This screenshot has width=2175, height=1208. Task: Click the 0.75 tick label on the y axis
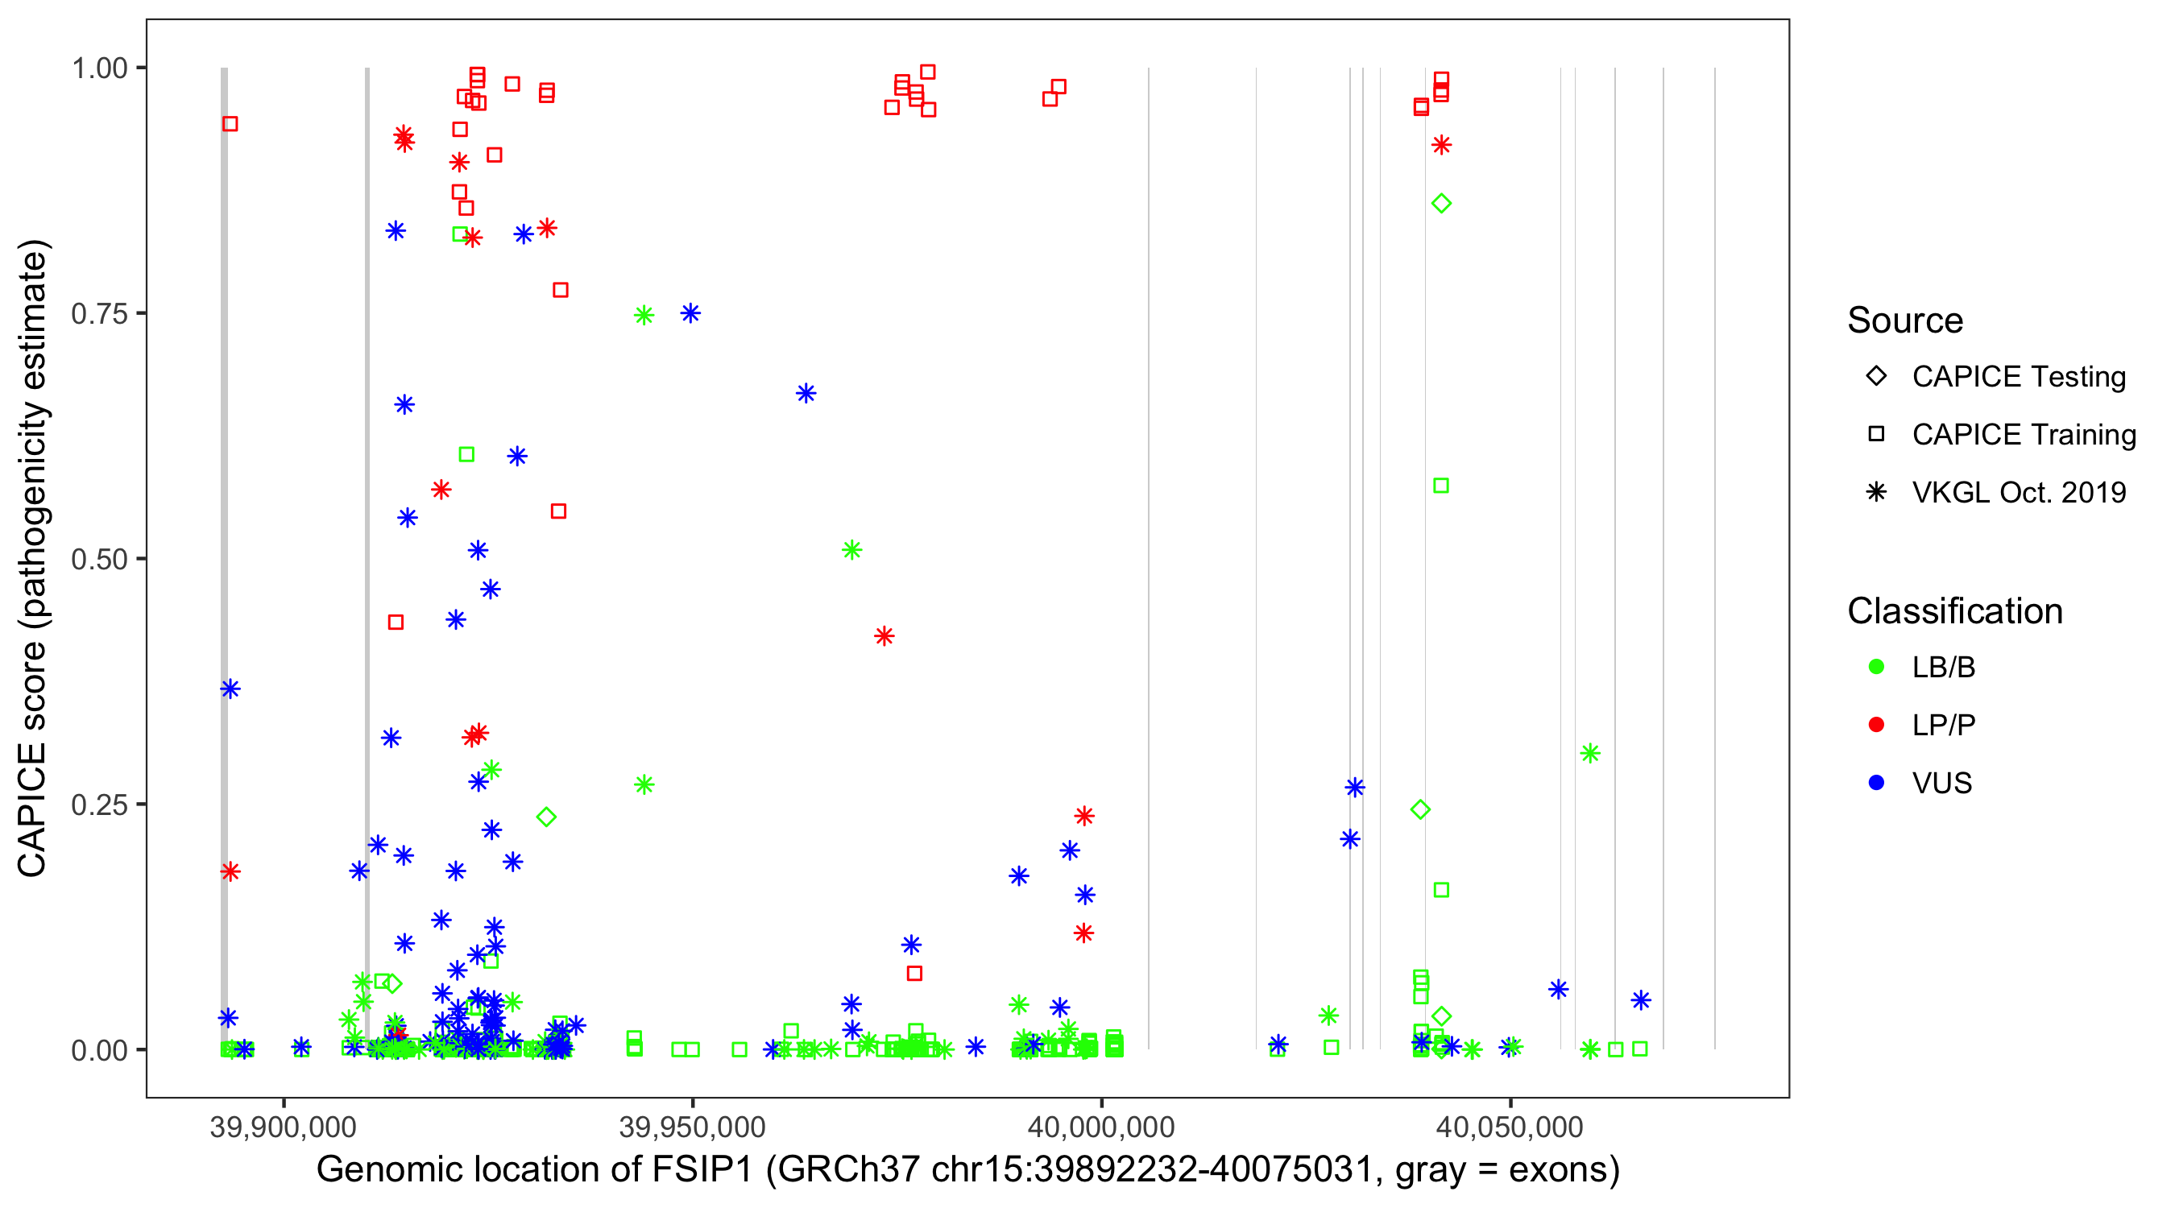(x=99, y=314)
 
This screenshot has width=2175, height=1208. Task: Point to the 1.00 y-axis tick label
(x=99, y=68)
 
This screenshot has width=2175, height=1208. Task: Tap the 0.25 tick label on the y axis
(x=99, y=805)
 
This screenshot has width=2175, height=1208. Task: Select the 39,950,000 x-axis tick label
(x=692, y=1127)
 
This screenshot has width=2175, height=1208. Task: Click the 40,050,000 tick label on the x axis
(x=1510, y=1127)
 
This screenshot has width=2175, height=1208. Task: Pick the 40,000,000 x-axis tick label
(x=1101, y=1127)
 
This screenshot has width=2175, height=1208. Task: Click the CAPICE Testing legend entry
(x=2018, y=377)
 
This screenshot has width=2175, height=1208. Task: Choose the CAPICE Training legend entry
(x=2023, y=435)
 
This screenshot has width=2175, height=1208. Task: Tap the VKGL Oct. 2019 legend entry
(x=2018, y=493)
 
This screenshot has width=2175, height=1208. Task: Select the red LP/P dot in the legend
(x=1877, y=725)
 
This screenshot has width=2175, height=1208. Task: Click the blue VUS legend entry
(x=1942, y=784)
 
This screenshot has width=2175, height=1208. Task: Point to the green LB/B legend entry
(x=1943, y=668)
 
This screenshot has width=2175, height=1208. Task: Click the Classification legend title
(x=1954, y=611)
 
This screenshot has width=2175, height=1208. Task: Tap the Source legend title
(x=1905, y=321)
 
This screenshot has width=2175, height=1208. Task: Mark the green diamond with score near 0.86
(x=1441, y=204)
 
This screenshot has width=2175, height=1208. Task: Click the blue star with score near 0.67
(x=806, y=393)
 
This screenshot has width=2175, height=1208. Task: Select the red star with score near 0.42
(x=884, y=636)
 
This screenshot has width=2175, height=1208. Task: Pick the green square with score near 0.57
(x=1441, y=486)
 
